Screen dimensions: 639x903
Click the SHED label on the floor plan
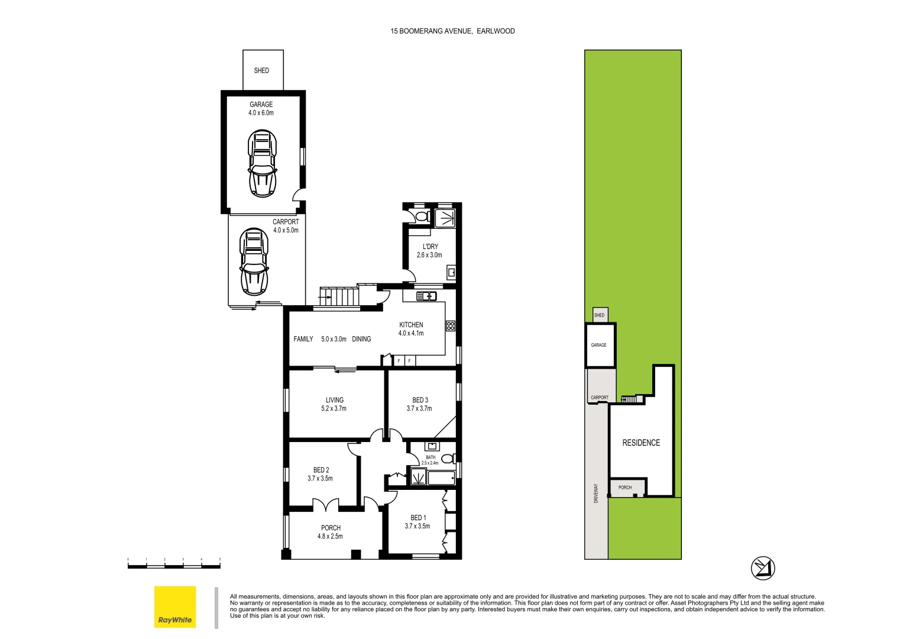point(261,70)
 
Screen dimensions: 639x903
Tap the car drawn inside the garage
point(263,164)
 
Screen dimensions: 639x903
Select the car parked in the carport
point(254,262)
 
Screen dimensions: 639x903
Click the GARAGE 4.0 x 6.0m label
point(261,108)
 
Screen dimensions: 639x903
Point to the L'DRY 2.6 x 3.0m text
point(430,251)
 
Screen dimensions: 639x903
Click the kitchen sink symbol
point(426,296)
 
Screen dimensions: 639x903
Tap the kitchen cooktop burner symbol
point(451,325)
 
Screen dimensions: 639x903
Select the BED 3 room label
point(419,404)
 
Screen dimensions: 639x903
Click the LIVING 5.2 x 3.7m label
point(334,404)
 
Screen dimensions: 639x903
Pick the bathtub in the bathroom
point(441,477)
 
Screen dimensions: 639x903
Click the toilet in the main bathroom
point(448,458)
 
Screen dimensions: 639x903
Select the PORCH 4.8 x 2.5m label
point(330,532)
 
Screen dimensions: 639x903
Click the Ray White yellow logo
point(175,606)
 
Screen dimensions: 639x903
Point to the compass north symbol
point(763,568)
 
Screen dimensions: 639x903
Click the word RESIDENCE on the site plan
point(641,443)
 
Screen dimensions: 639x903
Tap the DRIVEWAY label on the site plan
point(596,493)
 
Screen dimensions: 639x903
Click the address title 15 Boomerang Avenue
point(452,31)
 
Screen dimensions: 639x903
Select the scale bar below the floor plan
point(174,566)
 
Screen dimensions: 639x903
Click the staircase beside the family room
point(339,296)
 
